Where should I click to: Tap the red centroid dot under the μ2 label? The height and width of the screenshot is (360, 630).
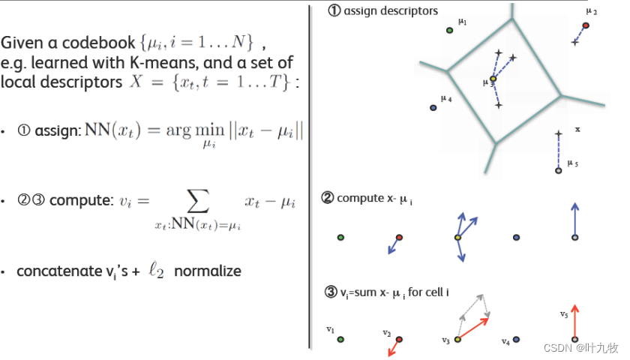[586, 25]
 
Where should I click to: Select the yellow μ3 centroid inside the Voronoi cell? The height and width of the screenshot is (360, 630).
[493, 79]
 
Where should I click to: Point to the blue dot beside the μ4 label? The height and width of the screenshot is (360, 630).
[433, 108]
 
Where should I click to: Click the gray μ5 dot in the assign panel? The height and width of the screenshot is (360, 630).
[558, 171]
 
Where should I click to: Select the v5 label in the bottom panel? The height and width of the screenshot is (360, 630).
[564, 314]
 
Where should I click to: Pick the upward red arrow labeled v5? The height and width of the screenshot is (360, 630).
[574, 320]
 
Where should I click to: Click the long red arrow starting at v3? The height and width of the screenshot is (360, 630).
[474, 328]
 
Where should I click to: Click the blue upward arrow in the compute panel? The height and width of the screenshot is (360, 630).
[574, 219]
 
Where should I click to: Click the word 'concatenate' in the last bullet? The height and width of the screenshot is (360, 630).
[61, 271]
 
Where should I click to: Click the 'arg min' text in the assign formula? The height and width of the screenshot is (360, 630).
[189, 131]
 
